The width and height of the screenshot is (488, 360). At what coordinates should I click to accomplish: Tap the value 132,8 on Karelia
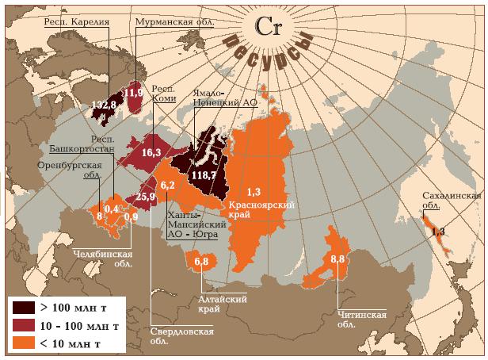[x=104, y=104]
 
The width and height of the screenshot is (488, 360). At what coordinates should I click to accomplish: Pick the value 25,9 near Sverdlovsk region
[x=146, y=197]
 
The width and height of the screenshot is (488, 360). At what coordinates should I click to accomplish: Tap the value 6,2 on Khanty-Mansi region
[x=168, y=185]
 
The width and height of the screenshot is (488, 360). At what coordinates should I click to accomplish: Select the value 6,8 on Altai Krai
[x=200, y=261]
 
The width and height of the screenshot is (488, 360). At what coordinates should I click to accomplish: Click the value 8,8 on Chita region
[x=338, y=259]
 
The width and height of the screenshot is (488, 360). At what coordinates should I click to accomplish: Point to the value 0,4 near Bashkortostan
[x=112, y=208]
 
